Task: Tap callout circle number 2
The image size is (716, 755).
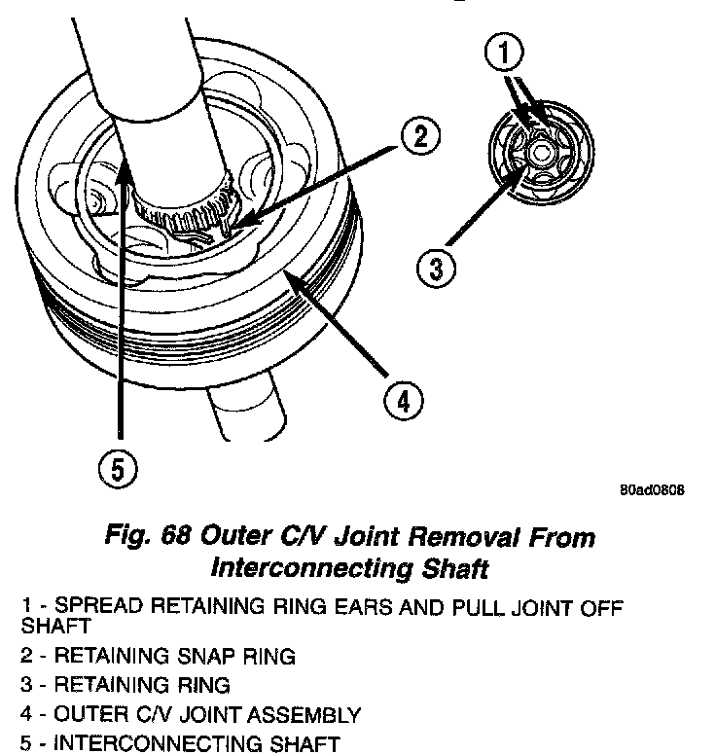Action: click(418, 136)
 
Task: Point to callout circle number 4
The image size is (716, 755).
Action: click(403, 399)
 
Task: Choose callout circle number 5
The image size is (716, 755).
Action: click(117, 471)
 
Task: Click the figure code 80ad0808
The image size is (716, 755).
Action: click(651, 490)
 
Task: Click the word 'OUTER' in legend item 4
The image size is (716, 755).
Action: click(85, 715)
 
